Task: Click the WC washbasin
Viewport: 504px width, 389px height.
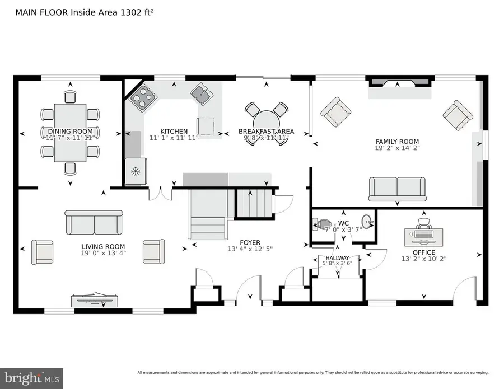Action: [x=367, y=222]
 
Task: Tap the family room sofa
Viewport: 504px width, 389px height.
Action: [x=397, y=189]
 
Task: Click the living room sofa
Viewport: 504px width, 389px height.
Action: [x=94, y=222]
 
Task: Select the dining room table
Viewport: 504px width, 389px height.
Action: [x=70, y=132]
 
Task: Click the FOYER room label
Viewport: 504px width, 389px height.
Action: [x=250, y=242]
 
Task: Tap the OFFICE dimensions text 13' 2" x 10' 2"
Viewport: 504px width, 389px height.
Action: [x=423, y=259]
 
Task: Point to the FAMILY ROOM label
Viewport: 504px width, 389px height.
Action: [x=397, y=142]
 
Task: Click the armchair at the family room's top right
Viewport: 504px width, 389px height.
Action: [x=458, y=114]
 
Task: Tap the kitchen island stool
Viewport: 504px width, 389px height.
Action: [x=206, y=126]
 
